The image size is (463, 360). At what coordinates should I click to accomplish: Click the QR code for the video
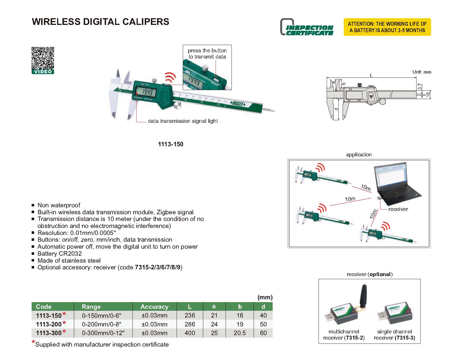point(43,58)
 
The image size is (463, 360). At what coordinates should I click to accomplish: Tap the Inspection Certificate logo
point(307,27)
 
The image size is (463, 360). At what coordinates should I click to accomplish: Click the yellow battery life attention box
point(387,27)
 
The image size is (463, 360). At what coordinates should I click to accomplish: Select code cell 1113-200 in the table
point(49,324)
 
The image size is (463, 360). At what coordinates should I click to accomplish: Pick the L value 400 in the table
point(190,333)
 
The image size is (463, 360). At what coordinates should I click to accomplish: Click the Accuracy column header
point(154,307)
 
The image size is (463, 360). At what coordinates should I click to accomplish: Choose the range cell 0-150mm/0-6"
point(102,316)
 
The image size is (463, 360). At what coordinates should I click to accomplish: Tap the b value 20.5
point(240,333)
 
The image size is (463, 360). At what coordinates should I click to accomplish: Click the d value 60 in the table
point(263,333)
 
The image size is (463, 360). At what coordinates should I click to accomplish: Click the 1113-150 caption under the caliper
point(170,144)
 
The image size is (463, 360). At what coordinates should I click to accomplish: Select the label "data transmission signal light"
point(183,121)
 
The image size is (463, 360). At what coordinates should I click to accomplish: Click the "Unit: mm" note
point(422,72)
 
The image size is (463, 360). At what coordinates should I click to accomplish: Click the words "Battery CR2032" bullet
point(60,254)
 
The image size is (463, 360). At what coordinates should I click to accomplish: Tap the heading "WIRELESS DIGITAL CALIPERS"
point(100,22)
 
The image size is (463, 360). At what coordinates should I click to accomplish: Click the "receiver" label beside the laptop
point(398,209)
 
